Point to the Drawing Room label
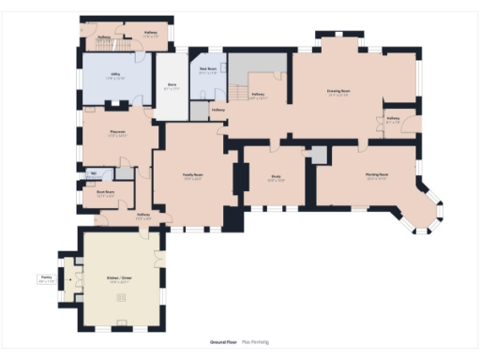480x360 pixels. tap(337, 92)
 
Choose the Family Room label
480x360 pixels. tap(193, 175)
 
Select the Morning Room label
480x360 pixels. tap(377, 175)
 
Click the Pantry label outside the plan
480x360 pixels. tap(46, 278)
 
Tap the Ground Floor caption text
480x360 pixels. tap(223, 342)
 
